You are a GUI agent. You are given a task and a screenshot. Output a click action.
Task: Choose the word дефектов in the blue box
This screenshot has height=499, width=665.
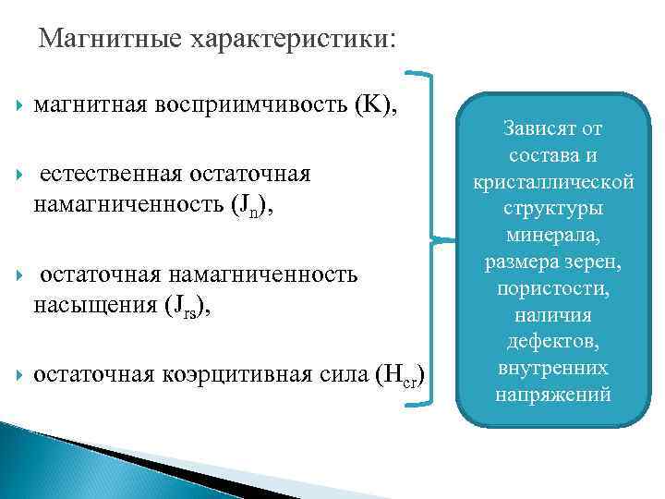pos(553,344)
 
